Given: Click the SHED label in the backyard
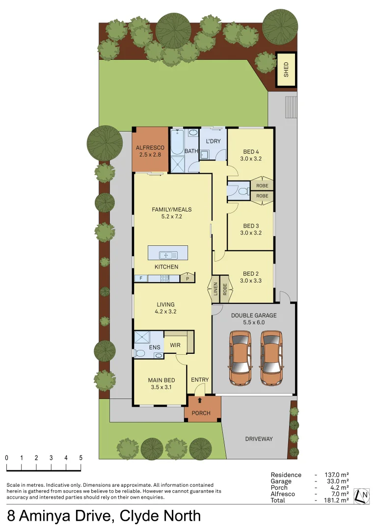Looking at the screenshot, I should click(286, 70).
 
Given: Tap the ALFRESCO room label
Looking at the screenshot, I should click(150, 147).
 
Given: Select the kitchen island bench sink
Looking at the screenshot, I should click(168, 254).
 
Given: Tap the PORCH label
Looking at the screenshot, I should click(201, 413).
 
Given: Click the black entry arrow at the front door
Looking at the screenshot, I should click(199, 400).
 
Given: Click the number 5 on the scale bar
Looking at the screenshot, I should click(80, 457).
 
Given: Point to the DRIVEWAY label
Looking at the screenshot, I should click(259, 439).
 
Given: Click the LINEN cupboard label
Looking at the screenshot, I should click(215, 290).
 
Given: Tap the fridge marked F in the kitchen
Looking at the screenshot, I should click(141, 278).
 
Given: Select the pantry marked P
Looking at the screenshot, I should click(187, 278).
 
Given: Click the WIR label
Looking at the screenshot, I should click(175, 345).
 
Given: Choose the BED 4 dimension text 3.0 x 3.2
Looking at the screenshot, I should click(250, 159).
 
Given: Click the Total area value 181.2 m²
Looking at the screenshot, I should click(337, 500).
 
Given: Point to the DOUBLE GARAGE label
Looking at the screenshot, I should click(254, 316).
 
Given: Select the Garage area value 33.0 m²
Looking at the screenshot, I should click(337, 481).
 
